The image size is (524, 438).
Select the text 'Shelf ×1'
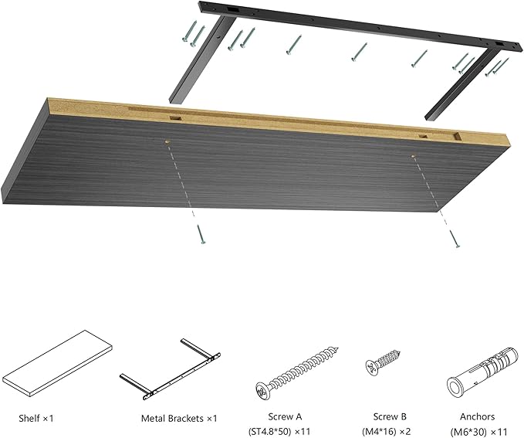pos(36,419)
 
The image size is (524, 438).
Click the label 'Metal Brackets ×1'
pos(179,419)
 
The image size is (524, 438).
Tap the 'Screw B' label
pos(387,416)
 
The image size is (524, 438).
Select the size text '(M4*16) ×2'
pos(387,430)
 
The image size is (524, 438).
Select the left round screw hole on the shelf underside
pos(167,141)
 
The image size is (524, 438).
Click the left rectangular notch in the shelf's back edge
pos(176,118)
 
